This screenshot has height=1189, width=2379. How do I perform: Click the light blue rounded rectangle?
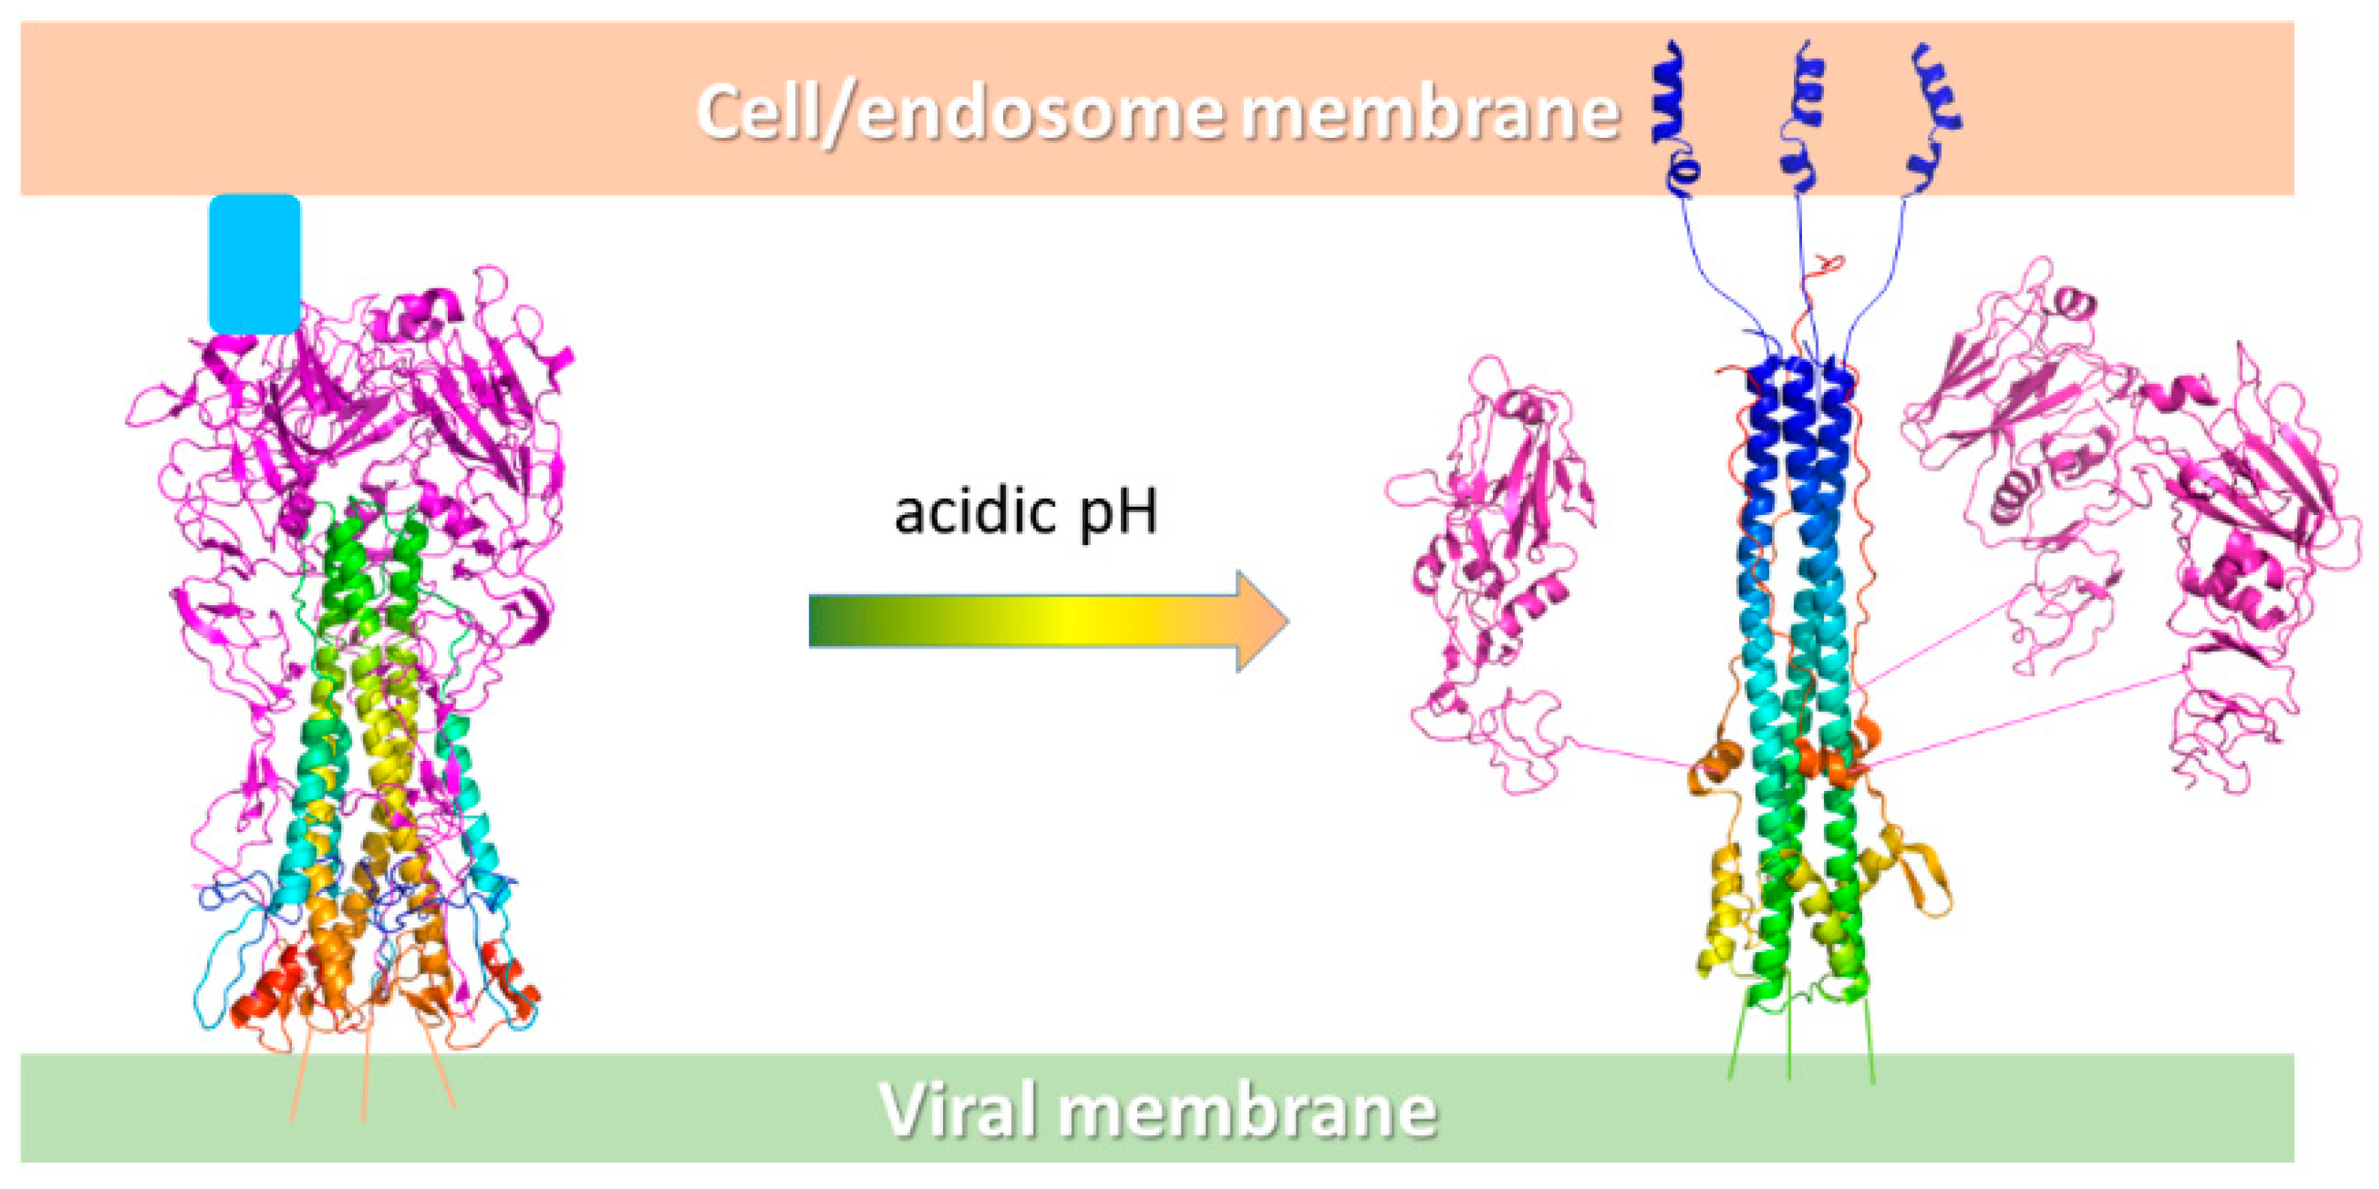click(255, 264)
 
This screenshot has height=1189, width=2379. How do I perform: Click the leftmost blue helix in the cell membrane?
click(1670, 97)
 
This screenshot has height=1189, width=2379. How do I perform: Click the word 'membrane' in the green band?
click(1248, 1110)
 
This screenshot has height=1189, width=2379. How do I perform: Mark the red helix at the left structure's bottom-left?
click(268, 997)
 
